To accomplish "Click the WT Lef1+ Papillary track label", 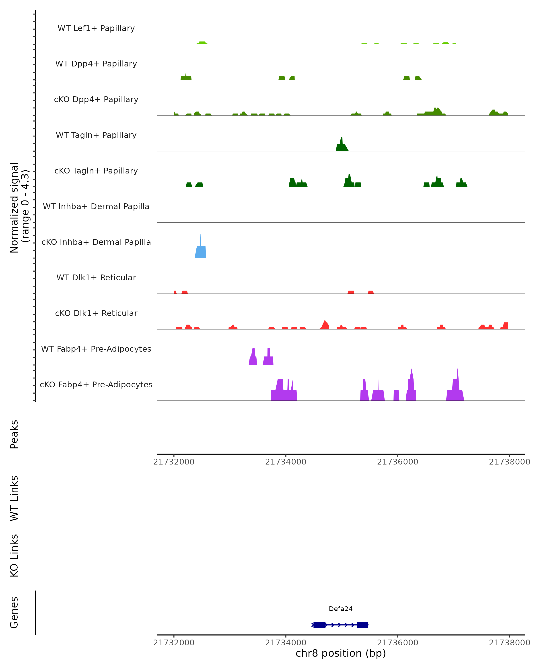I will coord(96,28).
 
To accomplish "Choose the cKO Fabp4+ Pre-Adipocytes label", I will coord(96,384).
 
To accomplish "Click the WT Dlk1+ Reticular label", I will coord(96,277).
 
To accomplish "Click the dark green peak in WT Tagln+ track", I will coord(342,147).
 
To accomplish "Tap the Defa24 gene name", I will coord(341,609).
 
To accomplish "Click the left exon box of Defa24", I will coord(319,625).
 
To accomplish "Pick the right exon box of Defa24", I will coord(362,625).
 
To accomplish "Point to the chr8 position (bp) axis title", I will coord(341,653).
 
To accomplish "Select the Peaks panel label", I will coord(14,434).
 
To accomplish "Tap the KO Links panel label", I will coord(14,555).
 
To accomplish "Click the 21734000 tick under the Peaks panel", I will coord(286,462).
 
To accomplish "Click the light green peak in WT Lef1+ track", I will coord(202,43).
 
